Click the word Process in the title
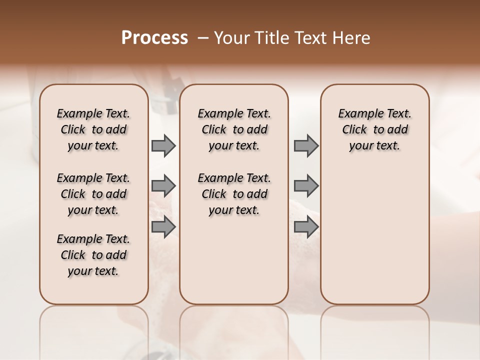pos(154,37)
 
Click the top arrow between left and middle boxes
pos(163,146)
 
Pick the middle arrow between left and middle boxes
pos(163,186)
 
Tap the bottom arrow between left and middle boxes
pos(163,227)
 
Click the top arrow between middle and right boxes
pos(306,146)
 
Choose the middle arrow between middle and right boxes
pos(306,186)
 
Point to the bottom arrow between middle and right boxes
pos(306,227)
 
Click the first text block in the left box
pos(93,129)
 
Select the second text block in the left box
pos(93,194)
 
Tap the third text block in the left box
pos(93,255)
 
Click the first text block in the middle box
pos(234,129)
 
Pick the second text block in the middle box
pos(234,194)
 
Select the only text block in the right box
pos(374,129)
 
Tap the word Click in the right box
pos(354,130)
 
